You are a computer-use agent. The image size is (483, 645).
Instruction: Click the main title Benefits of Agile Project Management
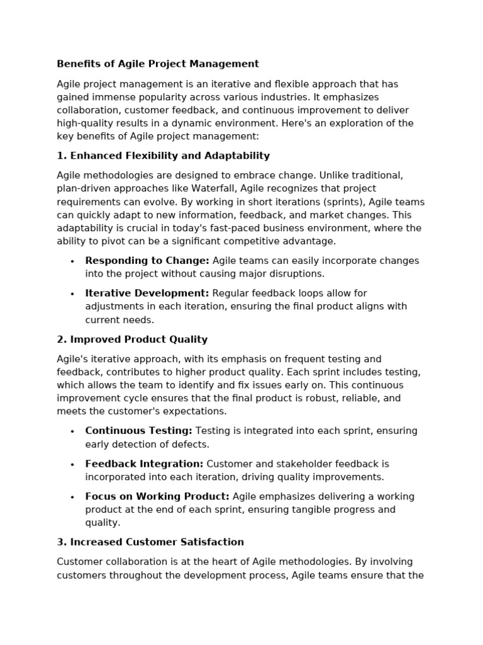point(158,64)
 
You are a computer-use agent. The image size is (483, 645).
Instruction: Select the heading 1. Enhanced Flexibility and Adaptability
point(163,156)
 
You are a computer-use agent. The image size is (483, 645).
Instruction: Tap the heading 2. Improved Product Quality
point(132,340)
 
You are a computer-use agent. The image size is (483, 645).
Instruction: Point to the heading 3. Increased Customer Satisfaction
point(150,542)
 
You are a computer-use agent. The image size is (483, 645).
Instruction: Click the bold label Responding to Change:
point(147,261)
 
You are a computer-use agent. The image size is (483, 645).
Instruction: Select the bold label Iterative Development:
point(147,293)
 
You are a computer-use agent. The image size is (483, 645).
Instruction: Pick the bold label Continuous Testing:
point(138,431)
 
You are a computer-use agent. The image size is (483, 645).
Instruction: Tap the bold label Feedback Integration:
point(144,464)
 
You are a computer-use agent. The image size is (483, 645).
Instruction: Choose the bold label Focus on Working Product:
point(157,496)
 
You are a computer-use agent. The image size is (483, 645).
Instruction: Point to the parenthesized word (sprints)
point(345,202)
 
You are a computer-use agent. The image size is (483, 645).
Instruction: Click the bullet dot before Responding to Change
point(72,261)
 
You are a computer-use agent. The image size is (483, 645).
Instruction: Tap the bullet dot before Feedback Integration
point(72,464)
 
